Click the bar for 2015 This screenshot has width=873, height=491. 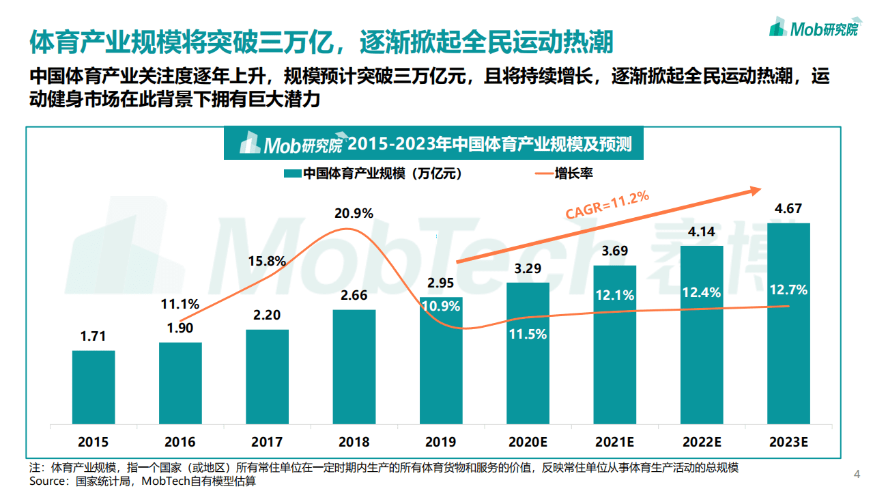(94, 387)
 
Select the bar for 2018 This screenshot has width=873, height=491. (354, 366)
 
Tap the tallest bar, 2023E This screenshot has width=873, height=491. (788, 323)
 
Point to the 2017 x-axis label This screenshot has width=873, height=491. (267, 442)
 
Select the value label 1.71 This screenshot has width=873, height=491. (94, 337)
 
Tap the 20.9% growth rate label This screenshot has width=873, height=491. (354, 213)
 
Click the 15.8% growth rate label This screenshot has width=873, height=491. (267, 261)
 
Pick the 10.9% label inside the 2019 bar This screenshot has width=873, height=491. (440, 306)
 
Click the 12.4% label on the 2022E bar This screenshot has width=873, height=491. (702, 292)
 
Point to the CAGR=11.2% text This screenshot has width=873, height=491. (606, 205)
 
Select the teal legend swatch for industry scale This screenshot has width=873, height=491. (291, 174)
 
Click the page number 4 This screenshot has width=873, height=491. (857, 474)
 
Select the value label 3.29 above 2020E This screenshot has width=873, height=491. (528, 268)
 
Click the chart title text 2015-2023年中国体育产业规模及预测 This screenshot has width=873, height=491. (489, 145)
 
